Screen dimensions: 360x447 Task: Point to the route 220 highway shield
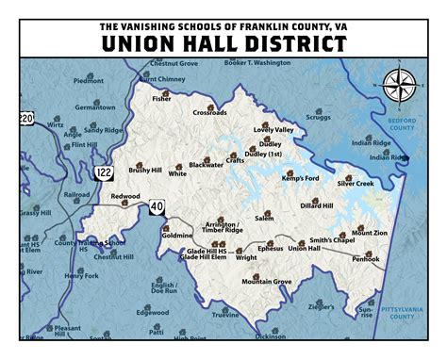point(26,118)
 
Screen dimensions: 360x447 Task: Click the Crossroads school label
point(209,112)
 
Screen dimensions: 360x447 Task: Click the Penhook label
point(366,258)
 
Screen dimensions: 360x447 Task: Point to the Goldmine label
point(176,235)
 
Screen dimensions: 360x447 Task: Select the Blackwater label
point(206,164)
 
